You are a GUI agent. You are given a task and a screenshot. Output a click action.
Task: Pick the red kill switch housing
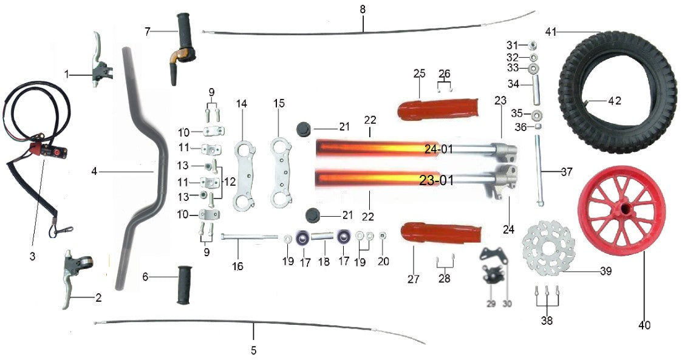click(48, 151)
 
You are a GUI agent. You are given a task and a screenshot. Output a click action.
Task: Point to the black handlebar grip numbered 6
click(184, 285)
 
